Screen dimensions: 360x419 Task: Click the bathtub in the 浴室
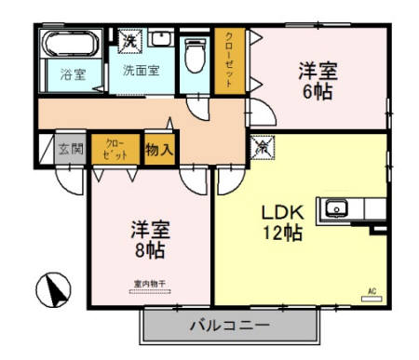point(71,45)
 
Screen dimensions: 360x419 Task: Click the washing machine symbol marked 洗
point(132,40)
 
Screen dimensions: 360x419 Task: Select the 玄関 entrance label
point(72,148)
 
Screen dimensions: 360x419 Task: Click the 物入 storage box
point(158,149)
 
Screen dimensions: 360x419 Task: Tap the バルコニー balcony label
point(229,327)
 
